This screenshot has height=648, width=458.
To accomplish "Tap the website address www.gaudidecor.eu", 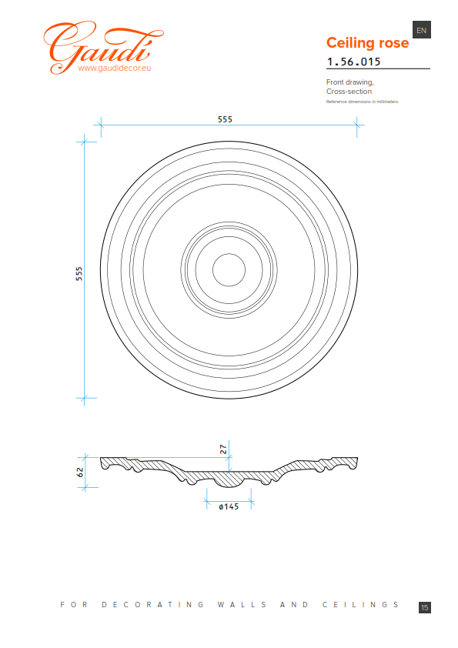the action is (115, 68).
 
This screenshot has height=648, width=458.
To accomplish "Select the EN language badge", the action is (422, 30).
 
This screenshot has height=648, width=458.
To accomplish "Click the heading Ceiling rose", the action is (367, 42).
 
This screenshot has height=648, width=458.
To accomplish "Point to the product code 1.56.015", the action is (353, 62).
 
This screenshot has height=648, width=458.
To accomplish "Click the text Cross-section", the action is (349, 92).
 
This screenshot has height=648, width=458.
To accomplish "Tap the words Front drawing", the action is (349, 82).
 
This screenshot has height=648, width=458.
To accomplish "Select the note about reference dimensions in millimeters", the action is (362, 102).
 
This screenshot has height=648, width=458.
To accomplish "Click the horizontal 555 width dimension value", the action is (225, 119).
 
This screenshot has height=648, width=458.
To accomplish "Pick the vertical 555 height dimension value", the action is (79, 274).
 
